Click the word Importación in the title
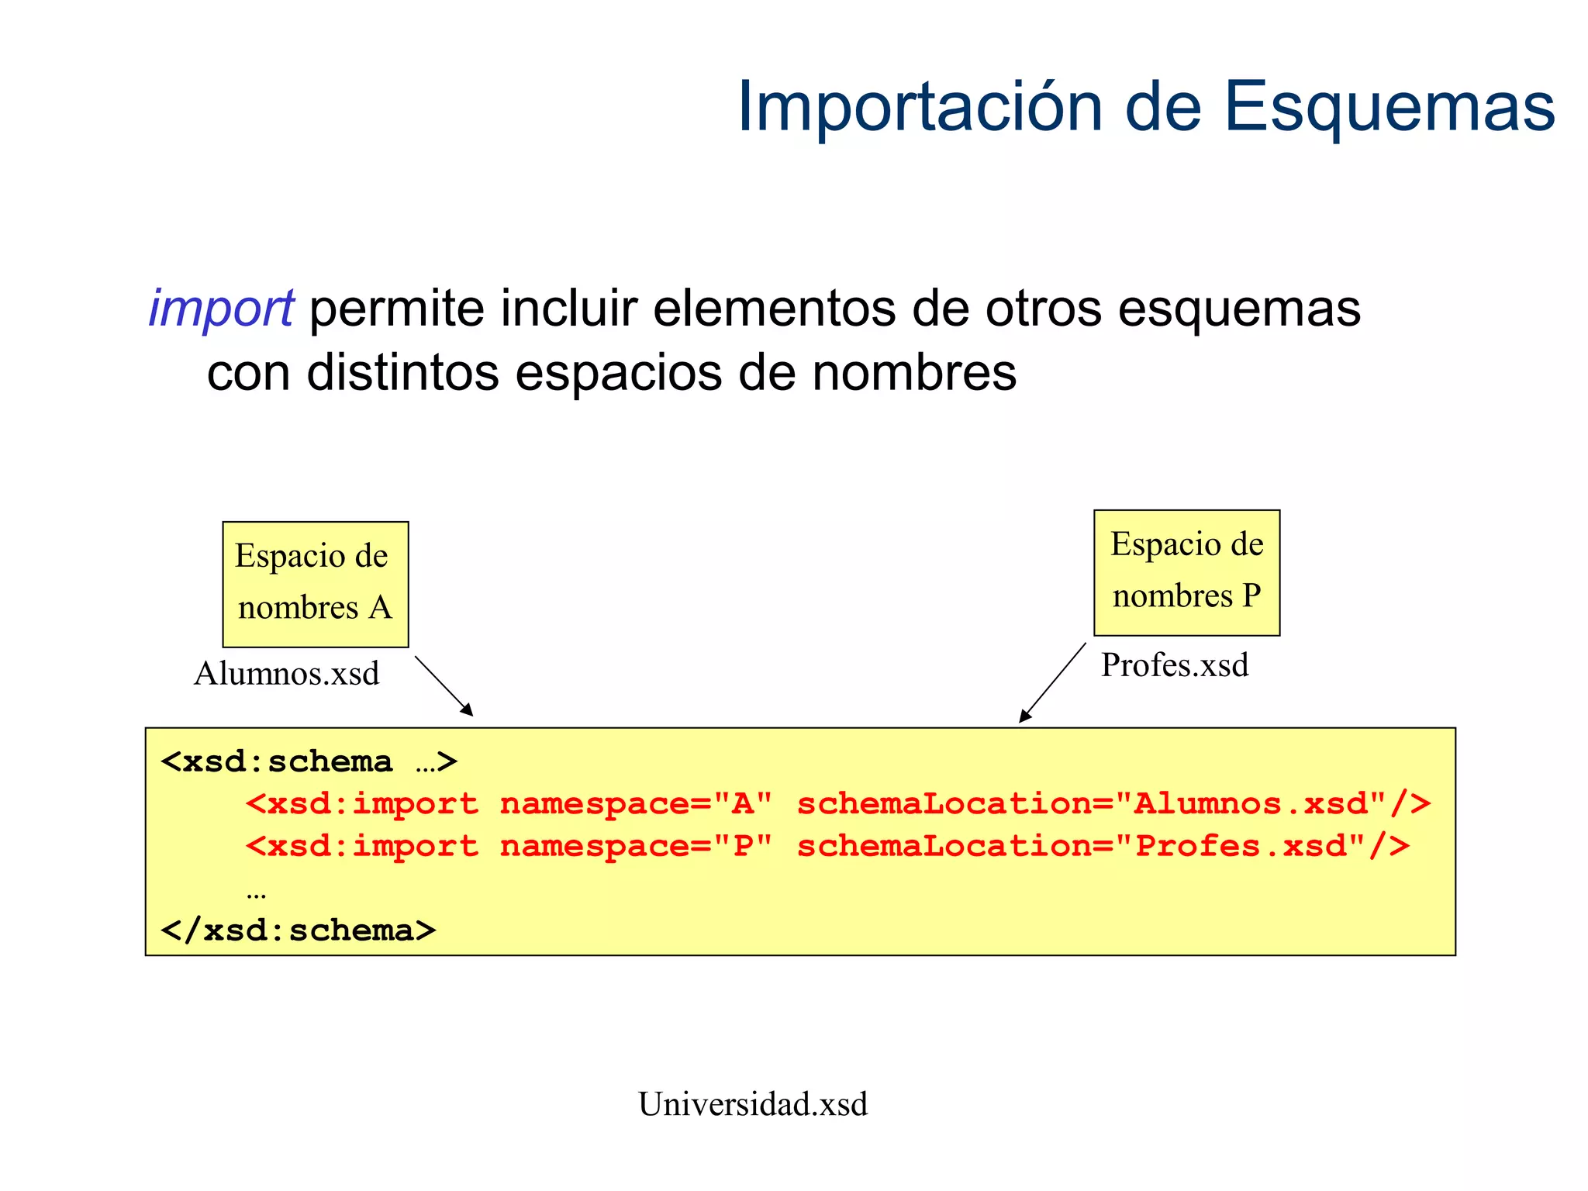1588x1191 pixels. point(920,107)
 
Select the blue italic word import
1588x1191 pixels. point(221,309)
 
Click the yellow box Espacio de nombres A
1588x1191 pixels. point(315,584)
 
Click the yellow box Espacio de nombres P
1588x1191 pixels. point(1186,572)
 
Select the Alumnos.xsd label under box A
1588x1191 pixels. point(286,673)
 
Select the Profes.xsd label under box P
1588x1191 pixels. point(1174,665)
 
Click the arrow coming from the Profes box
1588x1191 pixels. point(1052,683)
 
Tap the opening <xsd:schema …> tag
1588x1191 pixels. point(309,761)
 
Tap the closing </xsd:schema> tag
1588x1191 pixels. point(299,930)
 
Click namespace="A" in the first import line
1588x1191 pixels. point(636,804)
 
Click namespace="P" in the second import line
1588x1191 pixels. point(636,846)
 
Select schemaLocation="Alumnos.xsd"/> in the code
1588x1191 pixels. point(1113,804)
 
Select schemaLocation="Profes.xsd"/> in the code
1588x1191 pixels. point(1103,846)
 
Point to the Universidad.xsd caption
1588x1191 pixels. point(752,1103)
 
